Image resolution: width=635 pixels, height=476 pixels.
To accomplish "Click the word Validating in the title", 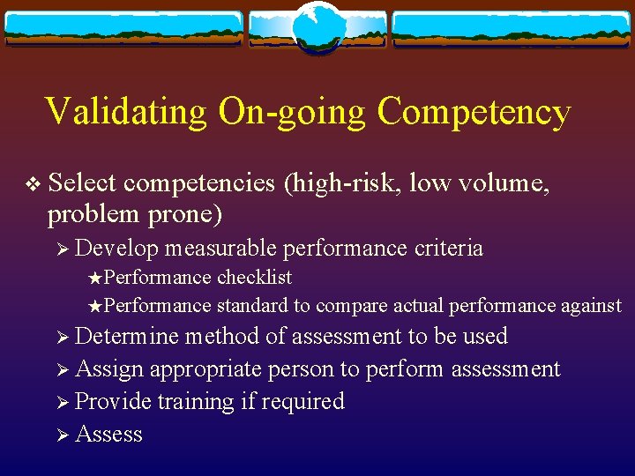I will (x=125, y=113).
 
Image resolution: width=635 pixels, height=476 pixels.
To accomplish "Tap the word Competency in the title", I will (x=474, y=113).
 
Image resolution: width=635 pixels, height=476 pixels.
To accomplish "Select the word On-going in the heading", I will (x=292, y=113).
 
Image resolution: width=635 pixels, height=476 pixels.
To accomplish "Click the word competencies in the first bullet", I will (x=200, y=183).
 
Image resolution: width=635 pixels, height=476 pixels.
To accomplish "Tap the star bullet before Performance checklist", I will (x=96, y=279).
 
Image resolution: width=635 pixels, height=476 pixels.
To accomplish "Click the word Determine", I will (x=127, y=337).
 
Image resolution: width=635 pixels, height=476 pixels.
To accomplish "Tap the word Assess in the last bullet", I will (x=108, y=434).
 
